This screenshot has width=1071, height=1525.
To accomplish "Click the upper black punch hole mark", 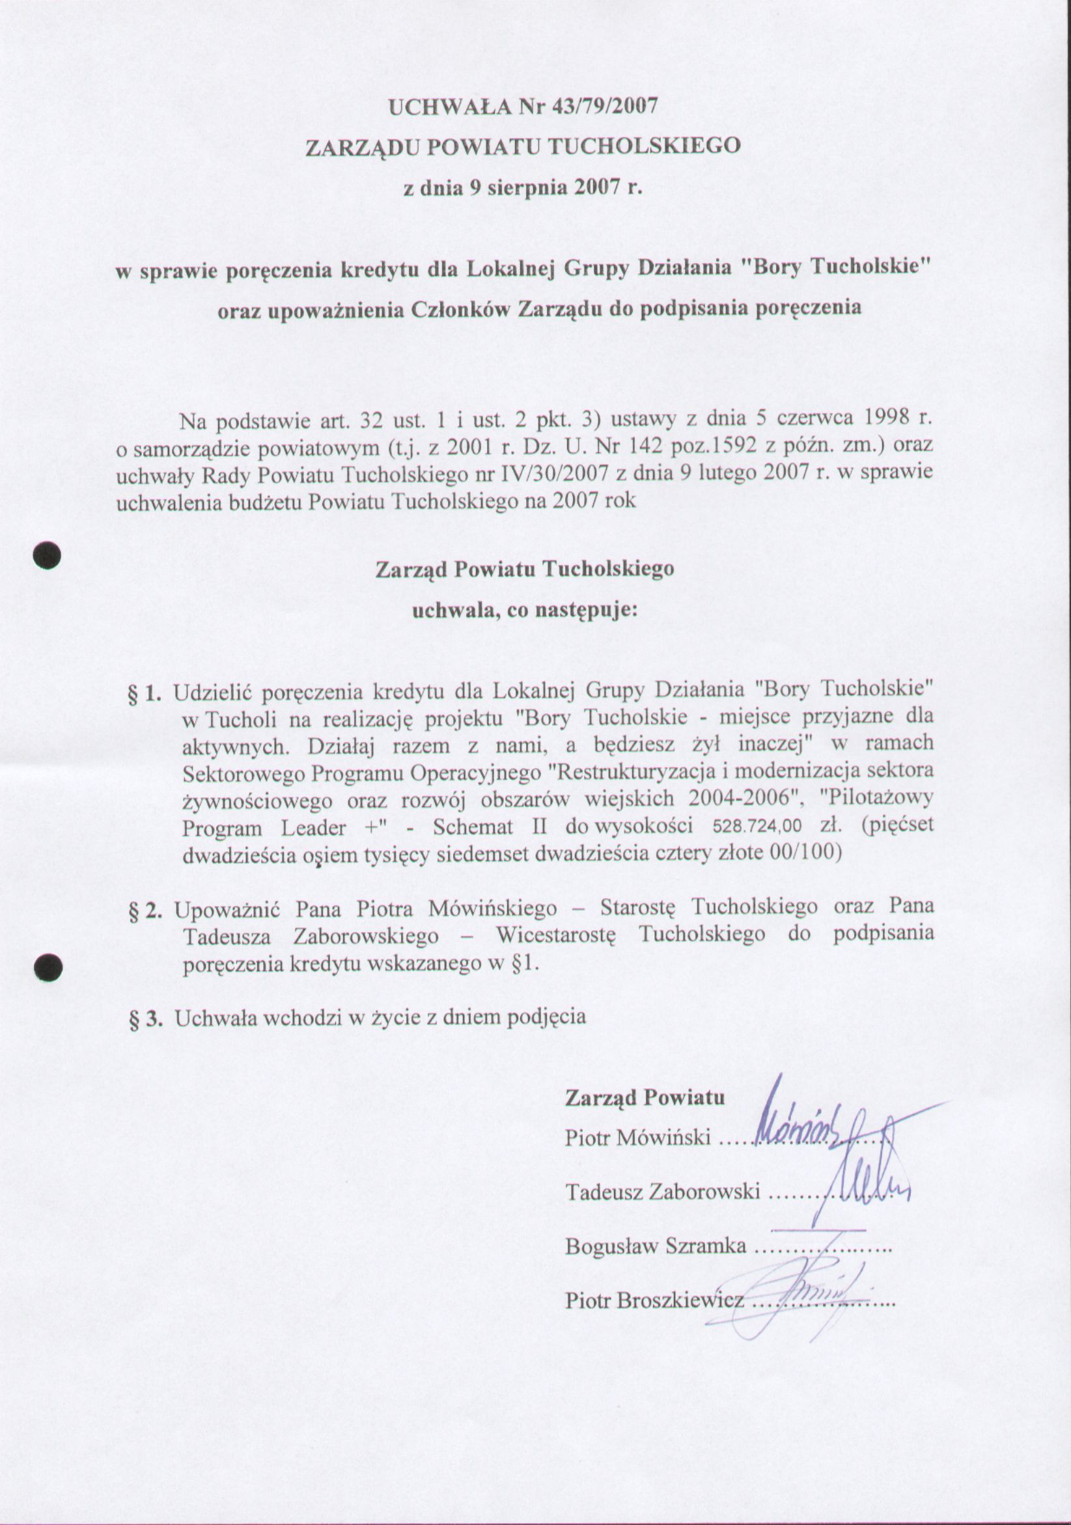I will [48, 555].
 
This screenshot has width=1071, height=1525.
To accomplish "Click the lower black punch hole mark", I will [48, 966].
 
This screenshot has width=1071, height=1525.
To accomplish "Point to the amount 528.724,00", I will [757, 827].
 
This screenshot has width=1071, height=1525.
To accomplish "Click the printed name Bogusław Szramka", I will [656, 1246].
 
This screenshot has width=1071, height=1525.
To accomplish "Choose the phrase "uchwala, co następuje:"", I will [525, 610].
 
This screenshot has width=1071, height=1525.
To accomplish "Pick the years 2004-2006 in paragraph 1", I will [746, 799].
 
